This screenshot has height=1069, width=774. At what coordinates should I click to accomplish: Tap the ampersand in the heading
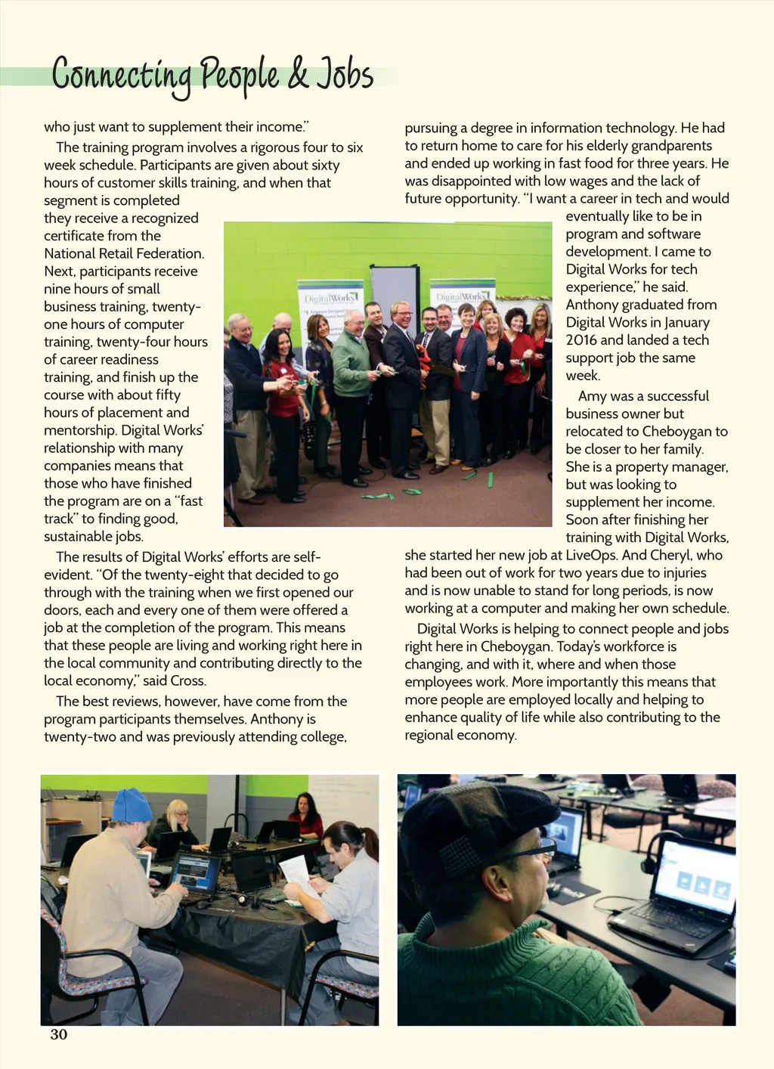(x=298, y=76)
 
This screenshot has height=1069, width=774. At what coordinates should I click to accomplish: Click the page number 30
(x=59, y=1034)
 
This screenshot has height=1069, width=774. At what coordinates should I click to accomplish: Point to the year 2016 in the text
(x=581, y=340)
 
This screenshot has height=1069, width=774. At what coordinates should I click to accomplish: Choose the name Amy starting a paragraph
(x=593, y=396)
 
